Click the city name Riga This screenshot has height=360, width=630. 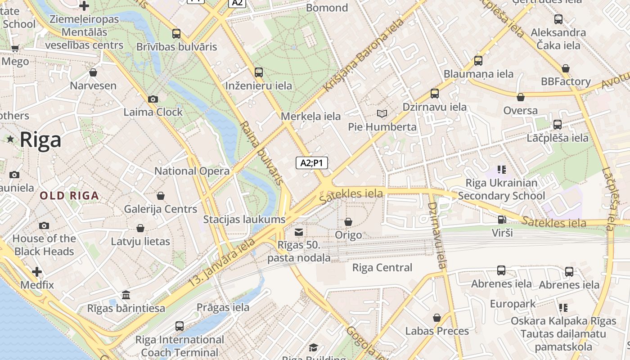40,140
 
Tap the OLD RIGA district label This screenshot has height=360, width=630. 69,196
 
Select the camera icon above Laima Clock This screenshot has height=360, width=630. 153,99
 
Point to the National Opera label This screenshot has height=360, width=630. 192,171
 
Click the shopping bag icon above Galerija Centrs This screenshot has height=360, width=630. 161,196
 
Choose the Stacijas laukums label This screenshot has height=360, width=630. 244,220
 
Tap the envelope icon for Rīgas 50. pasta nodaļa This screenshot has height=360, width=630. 298,232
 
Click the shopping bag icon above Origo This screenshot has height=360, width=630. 348,222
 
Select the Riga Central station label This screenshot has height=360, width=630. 382,268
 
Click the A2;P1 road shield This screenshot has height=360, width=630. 312,163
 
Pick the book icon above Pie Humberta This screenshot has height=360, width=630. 382,114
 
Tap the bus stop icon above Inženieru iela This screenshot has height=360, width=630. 259,72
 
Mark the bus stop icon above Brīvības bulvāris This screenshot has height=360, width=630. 176,33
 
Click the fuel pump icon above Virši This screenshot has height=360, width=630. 502,220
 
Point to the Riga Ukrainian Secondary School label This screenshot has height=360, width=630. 501,189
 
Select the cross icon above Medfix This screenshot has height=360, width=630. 37,272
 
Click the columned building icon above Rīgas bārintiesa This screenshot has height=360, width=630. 126,295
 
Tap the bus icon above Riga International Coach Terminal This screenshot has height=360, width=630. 180,326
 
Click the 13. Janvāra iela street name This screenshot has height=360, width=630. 221,263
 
